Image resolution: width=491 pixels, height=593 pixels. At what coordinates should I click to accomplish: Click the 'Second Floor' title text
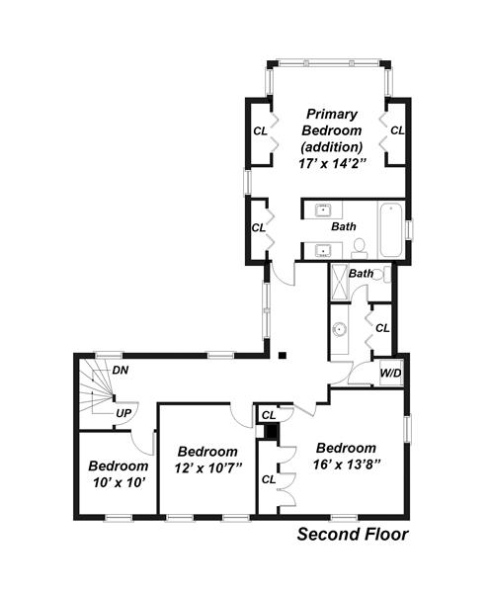[353, 535]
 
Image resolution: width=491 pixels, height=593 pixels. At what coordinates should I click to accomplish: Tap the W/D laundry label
[390, 374]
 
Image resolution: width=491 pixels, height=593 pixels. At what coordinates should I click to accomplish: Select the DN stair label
[121, 371]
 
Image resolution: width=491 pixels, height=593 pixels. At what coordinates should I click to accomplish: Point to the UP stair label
[123, 414]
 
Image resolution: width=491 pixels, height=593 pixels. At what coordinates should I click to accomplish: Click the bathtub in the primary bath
[391, 230]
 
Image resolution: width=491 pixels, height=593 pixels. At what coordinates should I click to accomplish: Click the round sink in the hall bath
[340, 329]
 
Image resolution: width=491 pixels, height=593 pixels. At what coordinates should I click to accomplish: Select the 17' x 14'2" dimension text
[332, 164]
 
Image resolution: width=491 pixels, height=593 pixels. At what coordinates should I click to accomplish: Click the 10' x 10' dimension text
[119, 482]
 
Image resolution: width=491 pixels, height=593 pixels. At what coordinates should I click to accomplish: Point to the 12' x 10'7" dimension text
[207, 468]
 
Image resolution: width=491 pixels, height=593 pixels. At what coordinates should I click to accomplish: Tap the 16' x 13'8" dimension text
[346, 465]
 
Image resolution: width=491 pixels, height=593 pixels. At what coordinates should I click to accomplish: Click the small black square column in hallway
[283, 355]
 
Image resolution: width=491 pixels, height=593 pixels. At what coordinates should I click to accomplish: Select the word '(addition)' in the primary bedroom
[332, 146]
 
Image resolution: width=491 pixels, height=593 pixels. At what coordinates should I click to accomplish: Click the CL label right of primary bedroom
[397, 130]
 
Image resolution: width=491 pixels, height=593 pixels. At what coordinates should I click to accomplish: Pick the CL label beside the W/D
[382, 328]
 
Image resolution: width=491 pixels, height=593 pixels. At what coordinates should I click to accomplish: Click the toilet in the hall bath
[385, 274]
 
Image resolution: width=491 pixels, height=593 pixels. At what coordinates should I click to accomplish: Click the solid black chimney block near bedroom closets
[271, 431]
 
